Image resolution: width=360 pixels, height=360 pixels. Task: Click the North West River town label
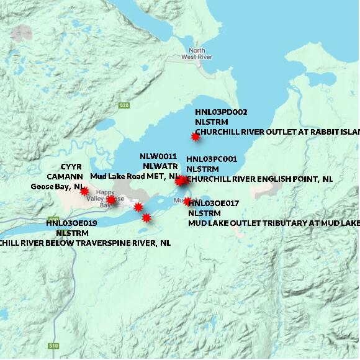(197, 53)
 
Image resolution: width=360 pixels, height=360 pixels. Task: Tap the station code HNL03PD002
(221, 112)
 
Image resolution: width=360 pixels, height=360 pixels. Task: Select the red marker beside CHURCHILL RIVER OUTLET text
(196, 137)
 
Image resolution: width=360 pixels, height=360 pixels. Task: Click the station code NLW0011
(158, 156)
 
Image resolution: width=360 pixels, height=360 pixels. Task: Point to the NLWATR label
(160, 166)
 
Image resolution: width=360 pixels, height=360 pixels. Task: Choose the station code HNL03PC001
(212, 159)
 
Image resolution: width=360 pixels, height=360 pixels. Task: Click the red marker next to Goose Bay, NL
(84, 191)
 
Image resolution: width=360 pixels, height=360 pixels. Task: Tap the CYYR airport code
(71, 167)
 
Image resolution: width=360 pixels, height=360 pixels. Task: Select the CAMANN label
(65, 176)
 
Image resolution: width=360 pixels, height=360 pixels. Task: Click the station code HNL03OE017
(214, 203)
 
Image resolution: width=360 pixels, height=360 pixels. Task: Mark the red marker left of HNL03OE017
(187, 201)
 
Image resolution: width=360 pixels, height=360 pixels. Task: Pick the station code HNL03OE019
(72, 223)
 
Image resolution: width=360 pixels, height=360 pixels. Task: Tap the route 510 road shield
(54, 345)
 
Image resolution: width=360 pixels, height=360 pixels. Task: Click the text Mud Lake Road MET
(125, 176)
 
